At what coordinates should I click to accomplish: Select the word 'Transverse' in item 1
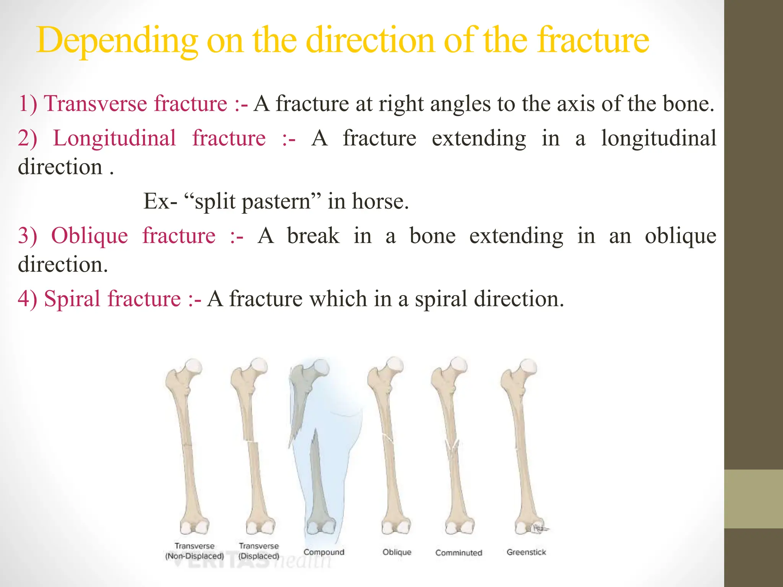tap(97, 104)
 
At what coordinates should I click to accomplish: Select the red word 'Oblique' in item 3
tap(89, 236)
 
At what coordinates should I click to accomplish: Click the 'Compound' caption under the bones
tap(324, 552)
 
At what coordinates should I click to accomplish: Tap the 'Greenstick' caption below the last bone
tap(526, 552)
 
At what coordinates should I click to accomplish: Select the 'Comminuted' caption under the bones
tap(458, 553)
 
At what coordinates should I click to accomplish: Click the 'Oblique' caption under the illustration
tap(397, 552)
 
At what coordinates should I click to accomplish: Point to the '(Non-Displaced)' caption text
tap(194, 556)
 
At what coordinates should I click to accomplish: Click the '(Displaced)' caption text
tap(259, 556)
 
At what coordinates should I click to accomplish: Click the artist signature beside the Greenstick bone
tap(539, 528)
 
